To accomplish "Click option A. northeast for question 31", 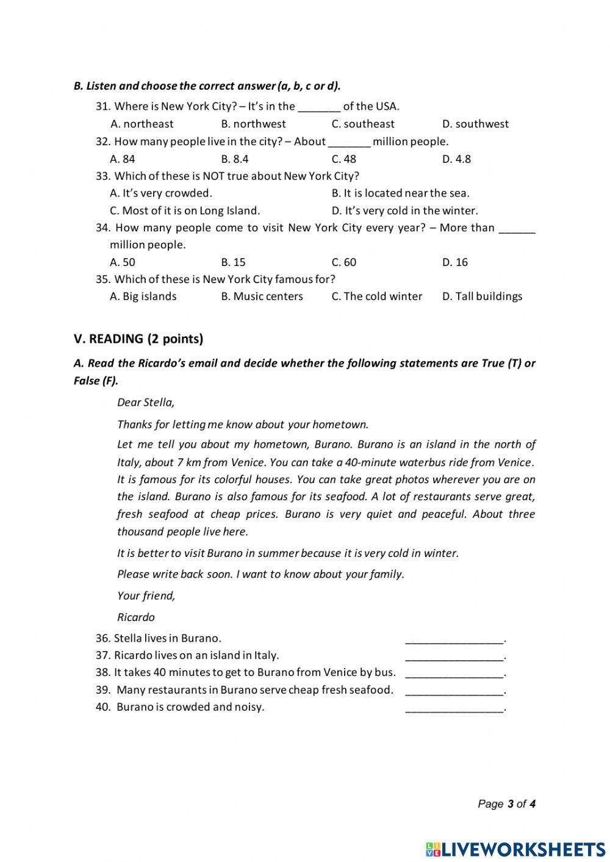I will [x=142, y=124].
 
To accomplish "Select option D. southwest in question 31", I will [x=475, y=124].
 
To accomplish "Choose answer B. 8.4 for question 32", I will [x=235, y=159].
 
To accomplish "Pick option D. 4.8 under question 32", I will [x=456, y=159].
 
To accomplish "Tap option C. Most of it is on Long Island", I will [x=185, y=210].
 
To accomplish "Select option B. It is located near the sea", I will [x=400, y=193].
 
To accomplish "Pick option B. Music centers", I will [x=262, y=296].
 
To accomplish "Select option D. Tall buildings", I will [x=482, y=296].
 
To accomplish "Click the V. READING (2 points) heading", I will [x=138, y=339].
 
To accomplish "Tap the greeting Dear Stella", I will [x=146, y=403].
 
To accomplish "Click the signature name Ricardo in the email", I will [x=136, y=617].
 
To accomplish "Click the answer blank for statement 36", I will [x=454, y=639].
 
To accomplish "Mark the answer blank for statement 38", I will [x=454, y=673].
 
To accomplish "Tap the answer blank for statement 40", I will [x=454, y=708].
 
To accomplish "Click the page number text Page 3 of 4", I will [x=506, y=804].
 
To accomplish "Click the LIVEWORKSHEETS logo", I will [x=515, y=849].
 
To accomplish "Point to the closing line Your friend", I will [x=146, y=596].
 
